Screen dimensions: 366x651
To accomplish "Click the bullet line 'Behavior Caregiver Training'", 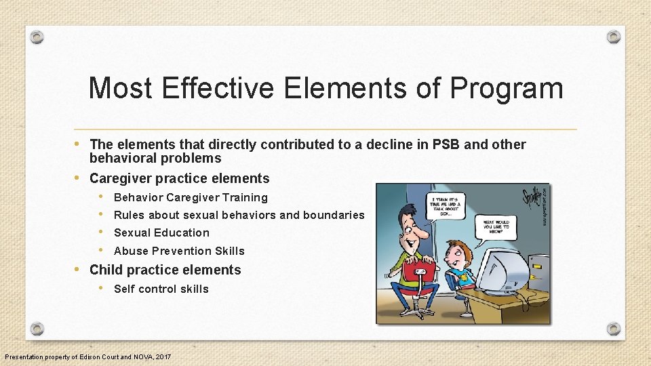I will tap(191, 198).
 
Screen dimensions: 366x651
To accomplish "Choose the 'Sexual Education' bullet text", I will tap(161, 233).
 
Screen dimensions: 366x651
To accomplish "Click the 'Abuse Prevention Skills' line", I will tap(179, 251).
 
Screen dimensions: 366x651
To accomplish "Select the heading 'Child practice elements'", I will tap(165, 270).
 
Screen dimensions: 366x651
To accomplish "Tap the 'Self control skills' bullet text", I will tap(161, 289).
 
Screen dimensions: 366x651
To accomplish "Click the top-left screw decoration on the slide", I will tap(38, 37).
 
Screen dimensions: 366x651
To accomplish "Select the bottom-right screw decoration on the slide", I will tap(613, 329).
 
